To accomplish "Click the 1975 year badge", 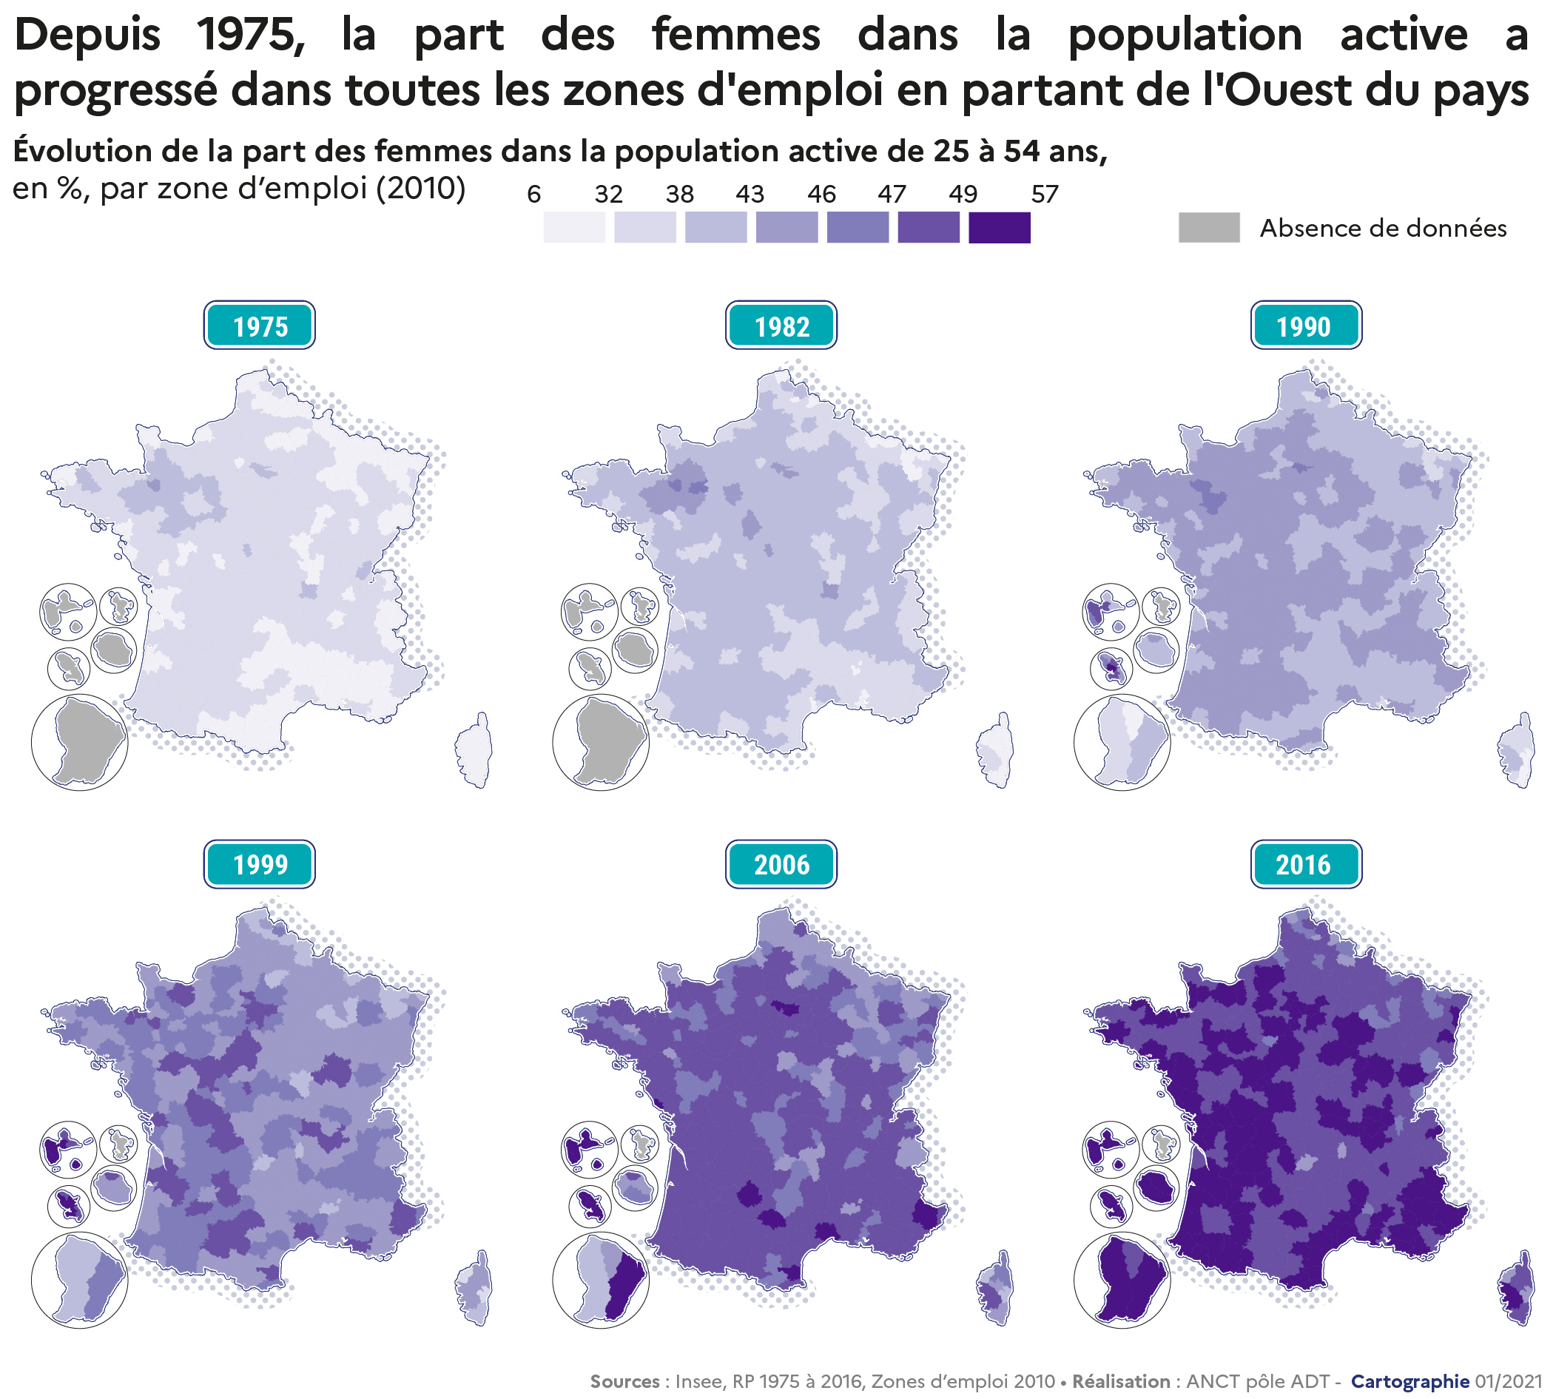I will click(259, 326).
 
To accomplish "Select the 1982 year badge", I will click(781, 326).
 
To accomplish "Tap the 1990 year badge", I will click(1305, 326).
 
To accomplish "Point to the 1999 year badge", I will click(259, 864).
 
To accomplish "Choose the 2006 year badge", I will click(781, 864).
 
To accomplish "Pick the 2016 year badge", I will click(1305, 864).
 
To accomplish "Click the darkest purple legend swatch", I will click(999, 229).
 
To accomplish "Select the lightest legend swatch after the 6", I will click(573, 229).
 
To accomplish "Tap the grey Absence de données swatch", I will click(1208, 229).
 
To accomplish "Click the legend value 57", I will click(1044, 195).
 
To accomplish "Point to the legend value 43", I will click(750, 195).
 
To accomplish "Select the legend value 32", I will click(608, 195).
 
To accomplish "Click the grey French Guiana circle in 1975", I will click(80, 743).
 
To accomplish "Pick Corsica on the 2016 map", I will click(1518, 1289).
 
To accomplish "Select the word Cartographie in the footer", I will click(1410, 1381).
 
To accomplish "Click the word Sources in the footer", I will click(624, 1381).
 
